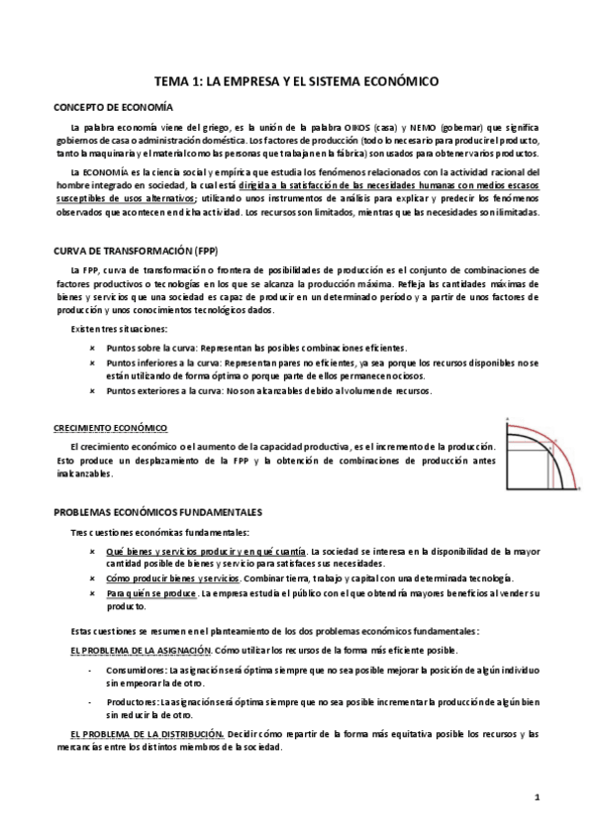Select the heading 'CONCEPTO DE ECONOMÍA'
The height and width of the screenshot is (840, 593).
click(x=112, y=107)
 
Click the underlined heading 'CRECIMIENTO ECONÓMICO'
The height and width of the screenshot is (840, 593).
click(x=110, y=427)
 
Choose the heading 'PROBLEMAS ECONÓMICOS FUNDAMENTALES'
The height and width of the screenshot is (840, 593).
click(x=156, y=511)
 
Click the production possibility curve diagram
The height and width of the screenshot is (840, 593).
click(x=542, y=457)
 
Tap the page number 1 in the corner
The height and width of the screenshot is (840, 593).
click(x=536, y=797)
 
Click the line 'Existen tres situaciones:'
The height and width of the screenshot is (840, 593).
click(x=119, y=329)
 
